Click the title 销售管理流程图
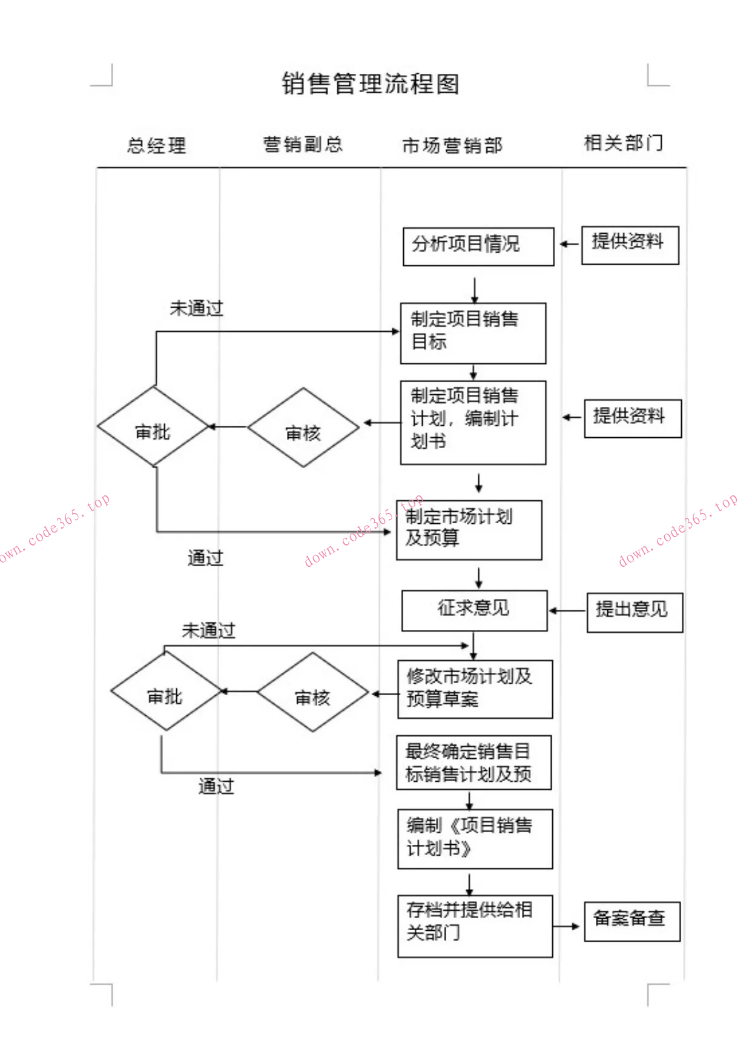(371, 84)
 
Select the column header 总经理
(156, 145)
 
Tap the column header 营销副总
(303, 144)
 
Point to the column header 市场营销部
(452, 145)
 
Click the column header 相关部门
(623, 143)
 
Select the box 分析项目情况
(478, 246)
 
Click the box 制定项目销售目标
(473, 333)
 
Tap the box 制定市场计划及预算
(469, 529)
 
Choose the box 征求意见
(474, 610)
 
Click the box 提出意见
(635, 612)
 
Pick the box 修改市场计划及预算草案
(475, 689)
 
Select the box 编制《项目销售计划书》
(475, 839)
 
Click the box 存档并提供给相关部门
(475, 925)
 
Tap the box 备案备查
(632, 921)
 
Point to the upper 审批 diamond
(153, 427)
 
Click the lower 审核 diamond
(312, 692)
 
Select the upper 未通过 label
(196, 308)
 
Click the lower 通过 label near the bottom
(216, 786)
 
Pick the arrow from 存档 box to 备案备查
(567, 926)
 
